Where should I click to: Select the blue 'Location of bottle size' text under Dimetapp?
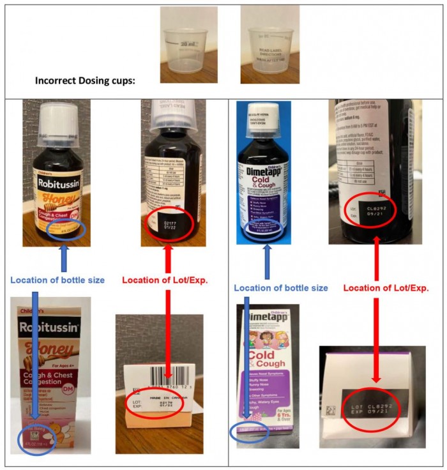281,288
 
